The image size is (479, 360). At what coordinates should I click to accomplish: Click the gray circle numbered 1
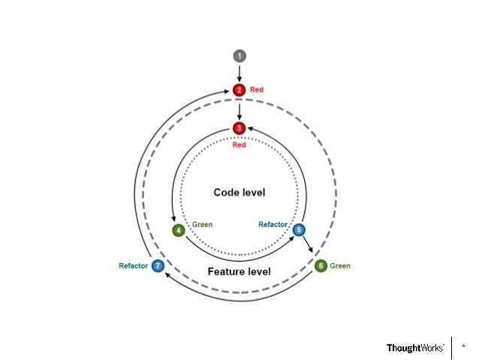tap(239, 56)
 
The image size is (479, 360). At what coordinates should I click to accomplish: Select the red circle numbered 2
tap(239, 90)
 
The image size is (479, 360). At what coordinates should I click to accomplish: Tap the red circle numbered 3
tap(239, 129)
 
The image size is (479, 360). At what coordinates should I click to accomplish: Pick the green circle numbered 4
tap(179, 230)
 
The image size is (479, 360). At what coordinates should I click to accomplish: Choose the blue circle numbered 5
tap(299, 230)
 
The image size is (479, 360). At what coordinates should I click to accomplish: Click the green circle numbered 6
tap(321, 266)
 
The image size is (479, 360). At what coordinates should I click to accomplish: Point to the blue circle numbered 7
tap(158, 266)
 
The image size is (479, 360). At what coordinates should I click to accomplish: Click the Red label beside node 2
tap(257, 90)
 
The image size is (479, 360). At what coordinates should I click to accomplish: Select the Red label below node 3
tap(239, 145)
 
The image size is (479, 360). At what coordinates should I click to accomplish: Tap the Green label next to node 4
tap(203, 224)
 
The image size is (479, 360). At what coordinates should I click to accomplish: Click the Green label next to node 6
tap(340, 266)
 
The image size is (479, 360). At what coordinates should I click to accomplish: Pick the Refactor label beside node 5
tap(273, 224)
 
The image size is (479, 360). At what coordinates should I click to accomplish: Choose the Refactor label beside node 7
tap(133, 266)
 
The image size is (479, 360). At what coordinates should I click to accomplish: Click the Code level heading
tap(239, 192)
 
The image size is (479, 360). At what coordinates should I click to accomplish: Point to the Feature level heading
tap(239, 271)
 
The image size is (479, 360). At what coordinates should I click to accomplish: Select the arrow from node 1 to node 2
tap(239, 73)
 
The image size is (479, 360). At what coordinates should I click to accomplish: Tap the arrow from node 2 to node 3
tap(239, 110)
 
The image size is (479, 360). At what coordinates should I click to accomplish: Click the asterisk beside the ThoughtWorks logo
tap(463, 346)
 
